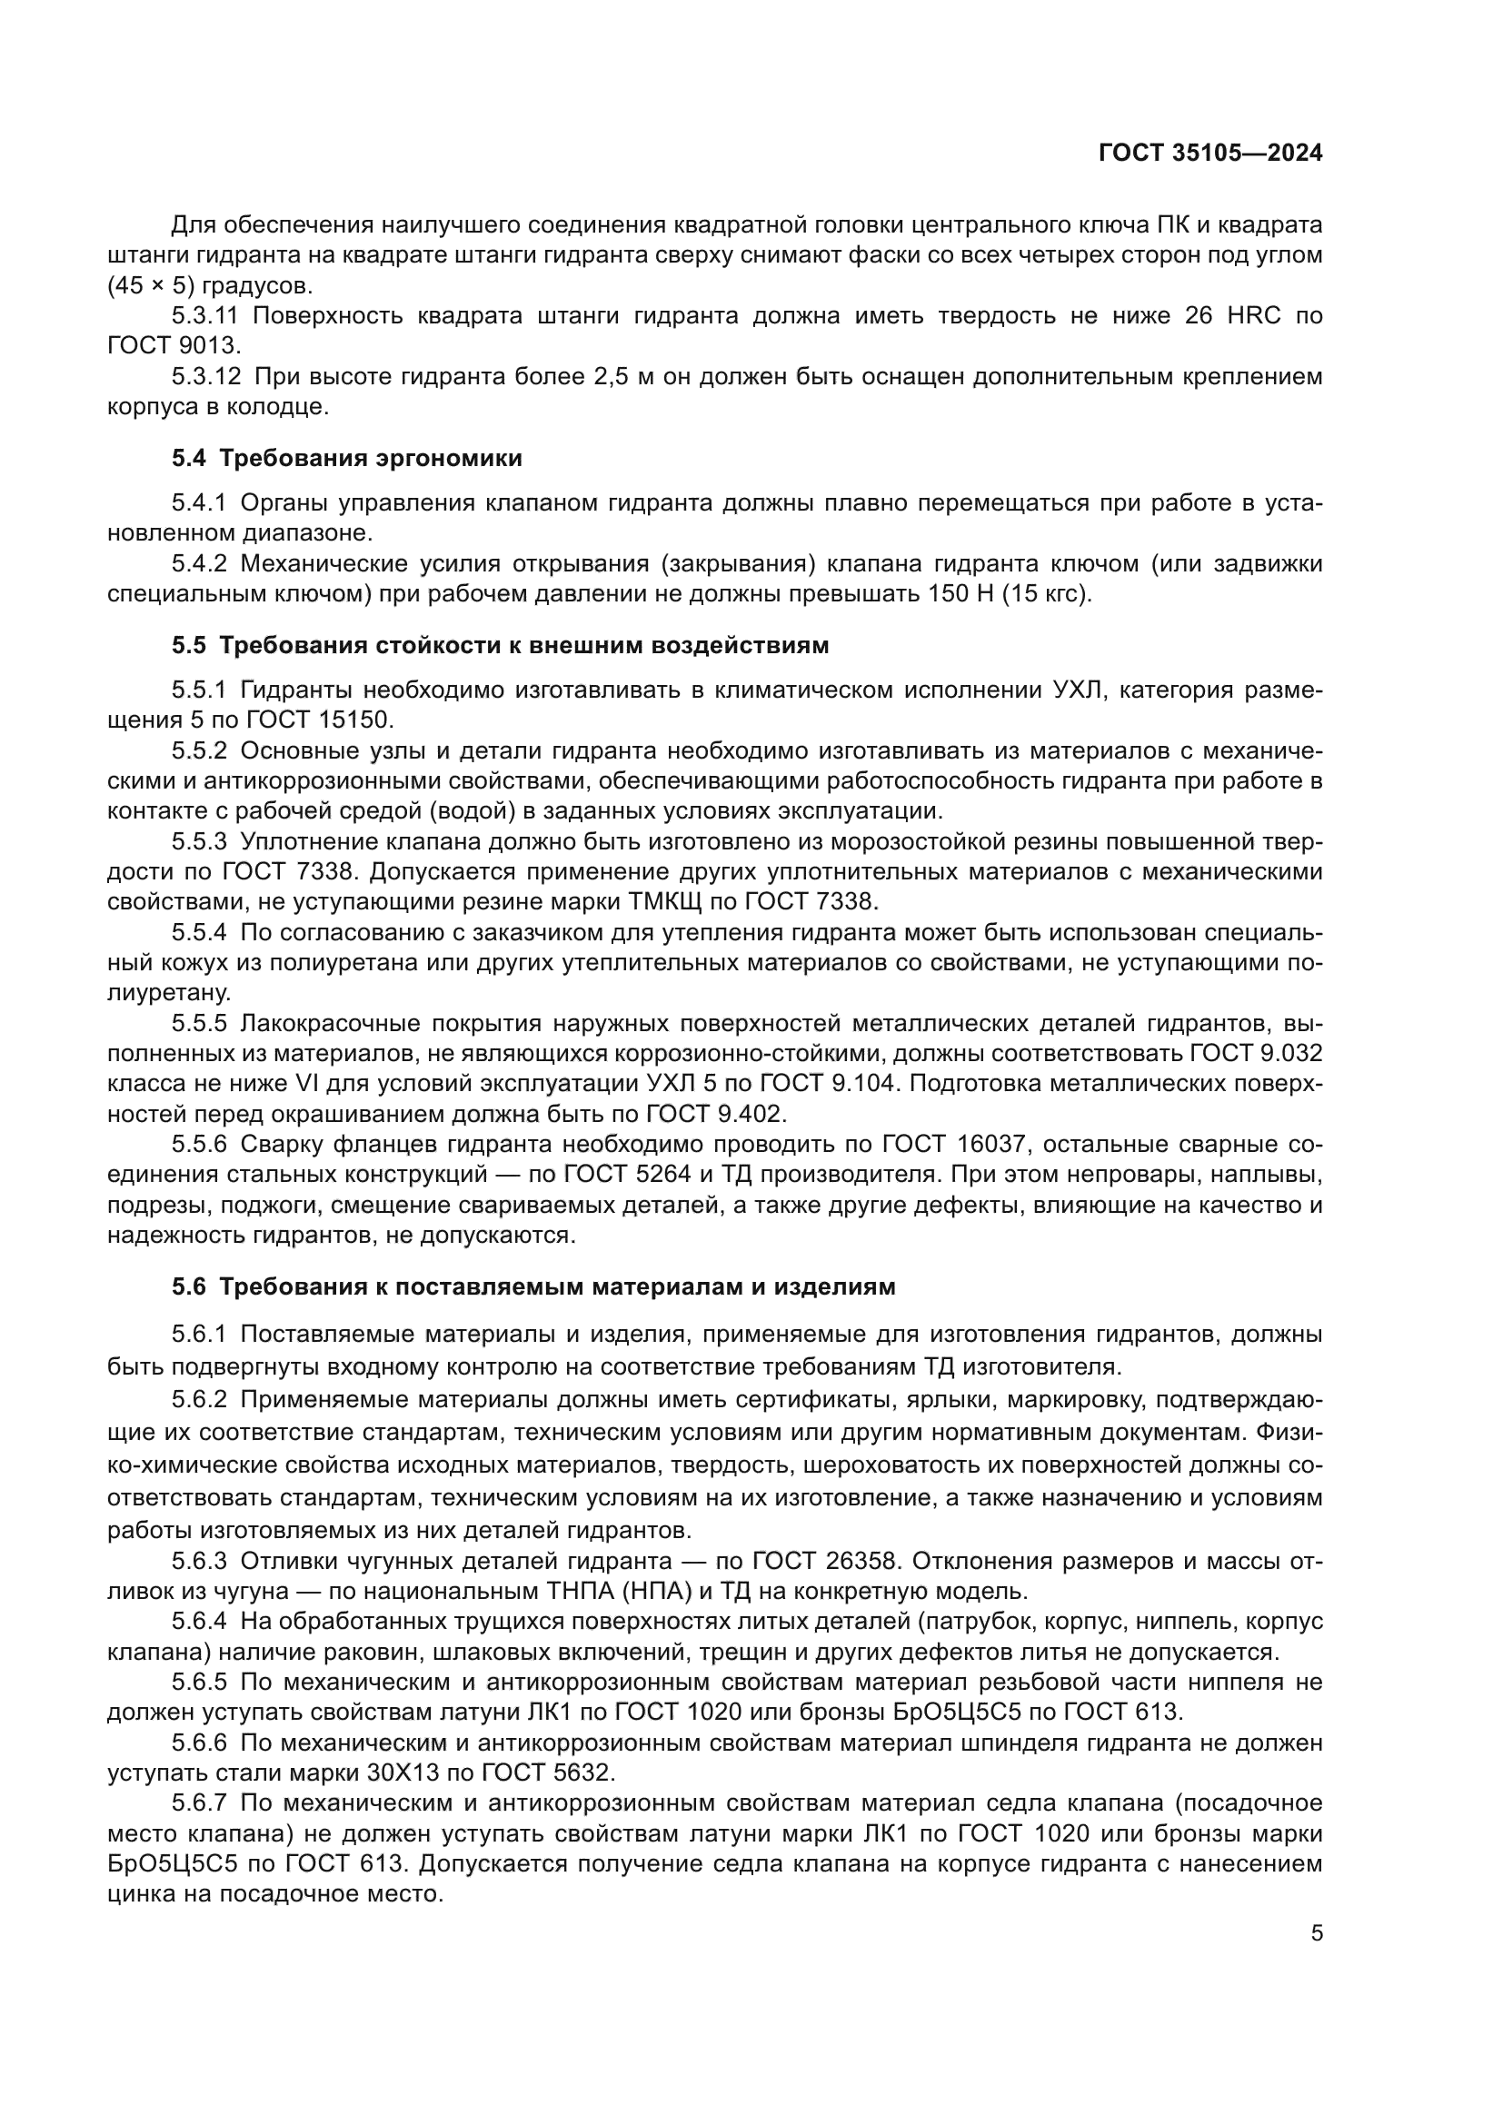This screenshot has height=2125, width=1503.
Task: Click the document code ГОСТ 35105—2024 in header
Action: click(1209, 154)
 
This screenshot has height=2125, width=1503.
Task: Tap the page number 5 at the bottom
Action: click(1317, 1932)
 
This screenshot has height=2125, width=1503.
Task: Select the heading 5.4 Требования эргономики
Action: click(347, 458)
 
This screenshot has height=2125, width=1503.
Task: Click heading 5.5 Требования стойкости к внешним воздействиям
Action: click(500, 645)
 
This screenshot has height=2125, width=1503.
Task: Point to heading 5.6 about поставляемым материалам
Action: click(533, 1286)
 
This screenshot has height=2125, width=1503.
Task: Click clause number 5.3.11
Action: click(204, 315)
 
